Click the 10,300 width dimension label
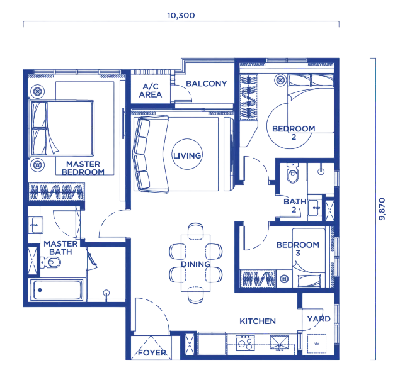click(181, 16)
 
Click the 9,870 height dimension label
click(382, 209)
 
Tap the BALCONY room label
click(207, 84)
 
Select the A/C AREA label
click(151, 91)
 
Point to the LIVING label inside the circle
click(187, 155)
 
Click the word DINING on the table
click(196, 264)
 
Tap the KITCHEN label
click(258, 321)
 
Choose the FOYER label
click(152, 353)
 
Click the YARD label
click(319, 319)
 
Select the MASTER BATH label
click(60, 248)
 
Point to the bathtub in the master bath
click(57, 290)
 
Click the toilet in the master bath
click(50, 262)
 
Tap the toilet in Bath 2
click(292, 173)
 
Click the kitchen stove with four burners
click(245, 343)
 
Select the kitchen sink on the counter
click(280, 343)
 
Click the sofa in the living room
click(151, 154)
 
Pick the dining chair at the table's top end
click(196, 230)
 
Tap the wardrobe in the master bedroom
click(56, 191)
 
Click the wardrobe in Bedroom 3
click(258, 278)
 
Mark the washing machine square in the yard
click(317, 344)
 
